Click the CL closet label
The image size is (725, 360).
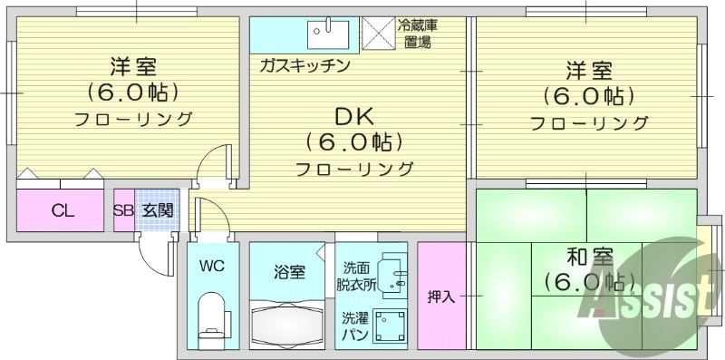click(x=62, y=211)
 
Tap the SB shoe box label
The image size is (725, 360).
click(x=123, y=211)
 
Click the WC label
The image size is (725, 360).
click(x=212, y=268)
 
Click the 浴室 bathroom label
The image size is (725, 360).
click(x=289, y=270)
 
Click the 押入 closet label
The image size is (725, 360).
click(x=441, y=297)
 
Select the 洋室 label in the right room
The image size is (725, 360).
click(x=590, y=70)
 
